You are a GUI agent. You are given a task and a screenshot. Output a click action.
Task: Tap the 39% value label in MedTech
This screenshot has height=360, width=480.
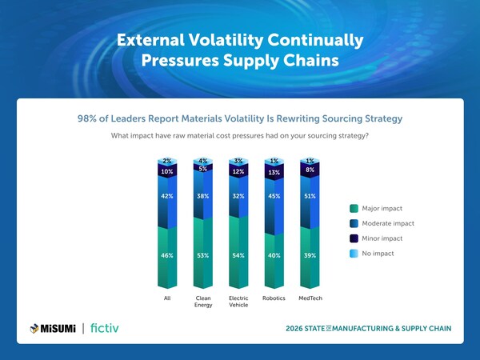[310, 255]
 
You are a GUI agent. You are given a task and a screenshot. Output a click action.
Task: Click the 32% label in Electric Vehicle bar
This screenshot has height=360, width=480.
[239, 196]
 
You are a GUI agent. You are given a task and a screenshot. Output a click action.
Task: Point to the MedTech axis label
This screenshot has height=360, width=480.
[310, 300]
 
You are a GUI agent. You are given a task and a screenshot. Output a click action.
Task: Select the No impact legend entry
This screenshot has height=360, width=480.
[377, 253]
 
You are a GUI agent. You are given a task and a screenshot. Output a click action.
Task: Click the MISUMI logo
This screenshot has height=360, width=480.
[53, 328]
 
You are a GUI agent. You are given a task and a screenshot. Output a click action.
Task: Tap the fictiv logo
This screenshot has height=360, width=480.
[106, 328]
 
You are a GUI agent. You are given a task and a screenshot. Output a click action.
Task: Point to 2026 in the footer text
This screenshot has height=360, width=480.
[296, 329]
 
